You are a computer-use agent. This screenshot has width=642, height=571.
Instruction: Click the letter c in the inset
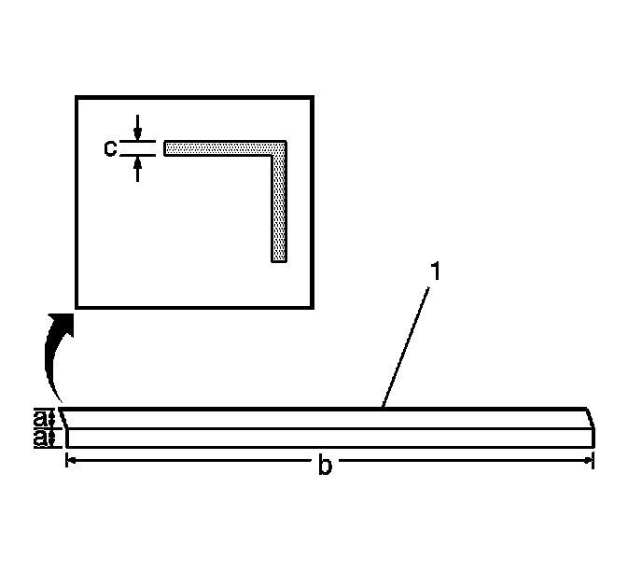(110, 147)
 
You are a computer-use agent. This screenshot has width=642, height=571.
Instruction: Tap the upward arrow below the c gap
(137, 168)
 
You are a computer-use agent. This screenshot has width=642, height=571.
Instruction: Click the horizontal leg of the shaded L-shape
(220, 147)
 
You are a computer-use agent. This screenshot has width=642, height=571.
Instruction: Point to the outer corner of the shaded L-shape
(284, 143)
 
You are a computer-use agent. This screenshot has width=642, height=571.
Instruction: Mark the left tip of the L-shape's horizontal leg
(166, 147)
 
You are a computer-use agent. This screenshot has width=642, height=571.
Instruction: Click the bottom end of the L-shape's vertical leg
(278, 260)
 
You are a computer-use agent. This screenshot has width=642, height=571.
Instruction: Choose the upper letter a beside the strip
(40, 416)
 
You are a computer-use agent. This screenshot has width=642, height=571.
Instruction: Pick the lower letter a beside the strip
(40, 438)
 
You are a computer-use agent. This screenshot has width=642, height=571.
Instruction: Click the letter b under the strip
(325, 467)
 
